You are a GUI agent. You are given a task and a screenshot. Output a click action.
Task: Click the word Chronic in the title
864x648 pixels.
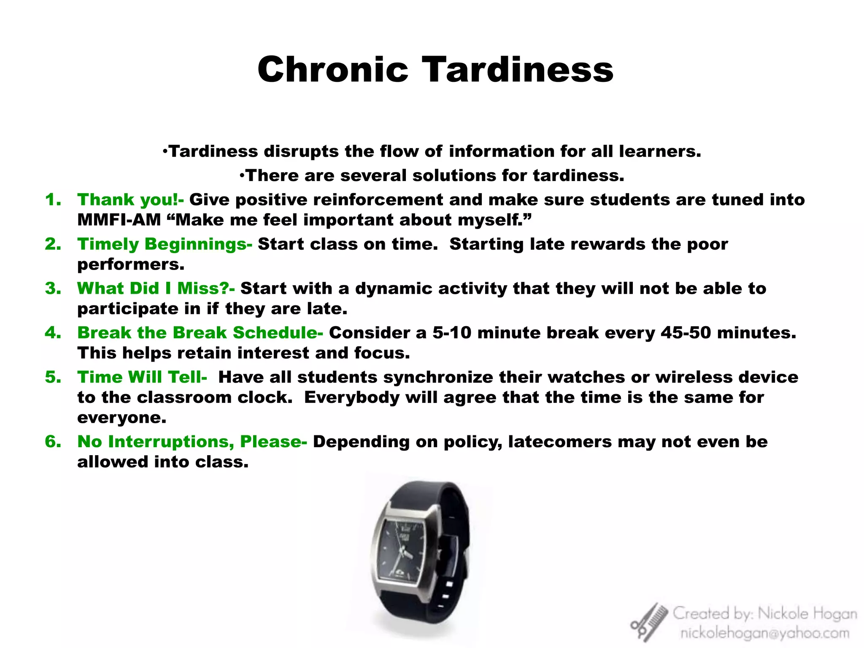[x=333, y=70]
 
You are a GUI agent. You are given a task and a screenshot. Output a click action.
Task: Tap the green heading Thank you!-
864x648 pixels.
[x=130, y=200]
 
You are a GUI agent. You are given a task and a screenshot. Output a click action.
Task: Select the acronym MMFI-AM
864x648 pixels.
[x=119, y=220]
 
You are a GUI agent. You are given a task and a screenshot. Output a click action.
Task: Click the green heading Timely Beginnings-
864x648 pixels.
[x=165, y=244]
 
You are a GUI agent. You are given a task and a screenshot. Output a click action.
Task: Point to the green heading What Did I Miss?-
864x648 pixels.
[x=156, y=289]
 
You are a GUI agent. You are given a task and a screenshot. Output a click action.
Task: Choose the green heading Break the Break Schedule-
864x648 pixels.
[x=200, y=333]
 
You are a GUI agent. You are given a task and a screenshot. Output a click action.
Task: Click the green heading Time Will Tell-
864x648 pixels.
[x=142, y=377]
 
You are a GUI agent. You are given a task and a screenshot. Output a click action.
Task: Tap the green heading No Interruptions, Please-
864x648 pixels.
[x=192, y=442]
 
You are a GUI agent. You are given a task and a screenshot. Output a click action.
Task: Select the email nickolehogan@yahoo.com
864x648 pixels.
[x=764, y=633]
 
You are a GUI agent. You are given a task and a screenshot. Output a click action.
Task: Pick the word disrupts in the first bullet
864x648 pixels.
[x=301, y=151]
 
